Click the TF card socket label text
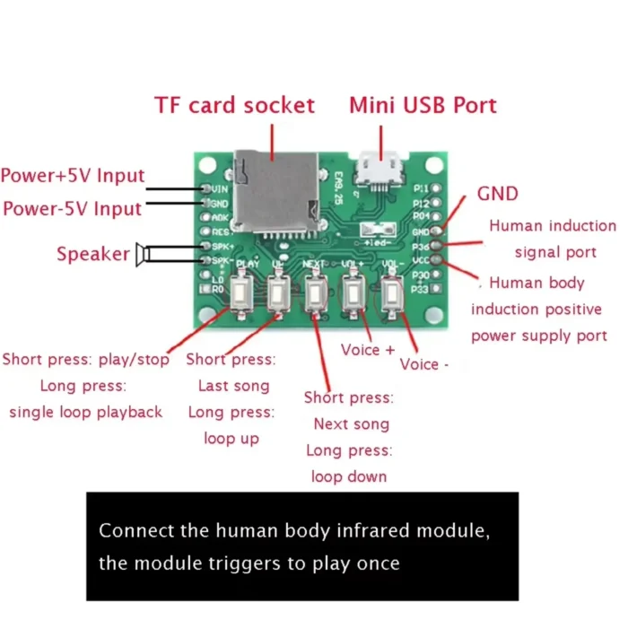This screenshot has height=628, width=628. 235,105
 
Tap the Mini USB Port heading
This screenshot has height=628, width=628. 423,105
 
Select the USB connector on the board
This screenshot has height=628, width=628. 379,170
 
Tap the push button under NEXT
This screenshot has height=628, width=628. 315,294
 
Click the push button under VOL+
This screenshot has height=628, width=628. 353,294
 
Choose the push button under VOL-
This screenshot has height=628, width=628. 390,294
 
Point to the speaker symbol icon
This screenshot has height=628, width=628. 142,254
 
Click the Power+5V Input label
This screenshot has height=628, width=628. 73,176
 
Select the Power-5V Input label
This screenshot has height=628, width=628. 73,209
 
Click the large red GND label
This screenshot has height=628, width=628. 497,194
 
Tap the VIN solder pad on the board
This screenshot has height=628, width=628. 206,188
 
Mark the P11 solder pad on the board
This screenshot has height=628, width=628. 436,188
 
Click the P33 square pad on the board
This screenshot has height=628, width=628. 436,288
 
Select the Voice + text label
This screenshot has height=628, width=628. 368,350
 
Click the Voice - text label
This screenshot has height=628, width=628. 423,364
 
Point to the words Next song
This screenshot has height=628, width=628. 352,424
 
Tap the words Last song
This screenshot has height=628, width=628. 234,386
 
